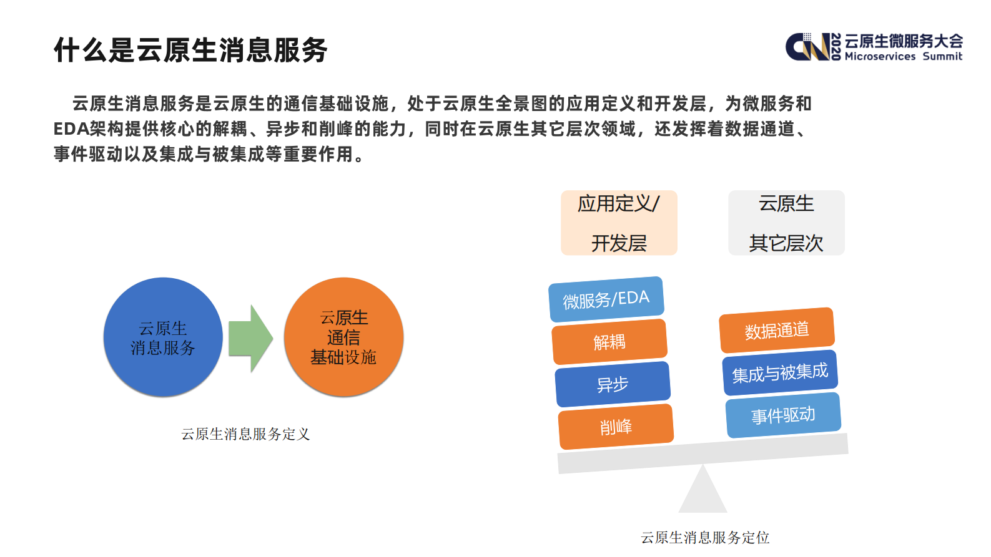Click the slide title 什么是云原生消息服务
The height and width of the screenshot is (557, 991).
[190, 50]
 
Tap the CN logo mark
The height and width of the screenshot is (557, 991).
[807, 47]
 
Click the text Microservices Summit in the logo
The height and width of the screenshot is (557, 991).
[903, 56]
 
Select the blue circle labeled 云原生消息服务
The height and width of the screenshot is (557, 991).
[163, 337]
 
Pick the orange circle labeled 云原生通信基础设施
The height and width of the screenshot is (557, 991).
[343, 337]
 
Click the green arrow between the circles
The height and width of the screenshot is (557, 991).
[250, 339]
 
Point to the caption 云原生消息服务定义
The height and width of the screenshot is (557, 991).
[245, 434]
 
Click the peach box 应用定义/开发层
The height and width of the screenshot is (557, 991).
[619, 223]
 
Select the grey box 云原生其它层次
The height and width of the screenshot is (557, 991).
[786, 223]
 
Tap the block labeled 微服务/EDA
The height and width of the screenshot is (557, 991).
[606, 299]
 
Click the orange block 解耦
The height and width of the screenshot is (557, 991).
[609, 342]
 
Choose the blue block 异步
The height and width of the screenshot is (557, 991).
[613, 384]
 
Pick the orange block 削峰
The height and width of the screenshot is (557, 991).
[616, 427]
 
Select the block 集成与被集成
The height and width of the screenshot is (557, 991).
[780, 373]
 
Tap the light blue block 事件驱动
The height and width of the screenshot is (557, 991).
[783, 415]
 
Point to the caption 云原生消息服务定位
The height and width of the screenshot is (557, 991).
[705, 538]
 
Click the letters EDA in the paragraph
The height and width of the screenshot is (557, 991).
[71, 128]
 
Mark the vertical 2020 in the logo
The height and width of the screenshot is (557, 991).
[836, 47]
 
